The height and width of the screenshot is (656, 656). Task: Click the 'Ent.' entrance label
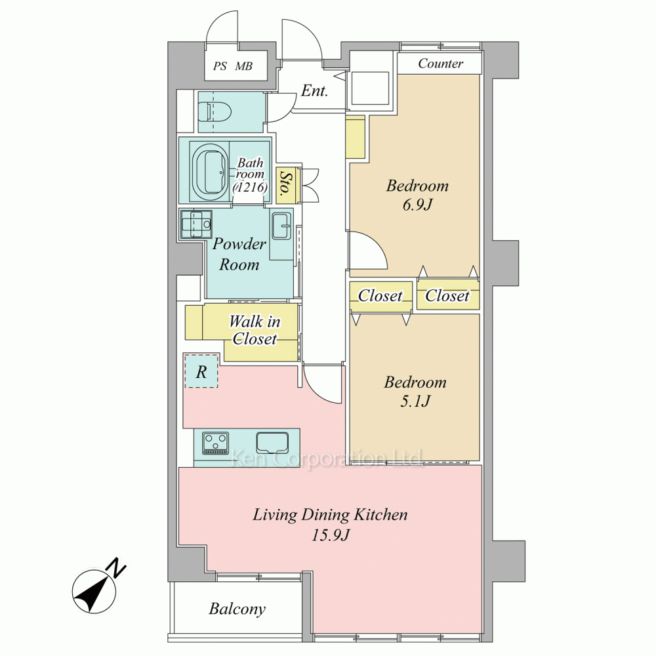click(314, 91)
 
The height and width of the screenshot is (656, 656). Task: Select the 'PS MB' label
click(233, 66)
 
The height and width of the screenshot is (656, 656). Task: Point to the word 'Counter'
click(441, 63)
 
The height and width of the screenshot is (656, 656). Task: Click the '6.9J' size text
click(417, 205)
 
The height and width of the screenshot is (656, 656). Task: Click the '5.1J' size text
click(415, 401)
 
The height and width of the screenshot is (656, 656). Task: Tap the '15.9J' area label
click(330, 535)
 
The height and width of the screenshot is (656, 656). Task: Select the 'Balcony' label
click(237, 609)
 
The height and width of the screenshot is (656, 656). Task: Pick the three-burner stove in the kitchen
click(215, 443)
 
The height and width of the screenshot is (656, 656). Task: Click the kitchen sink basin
click(272, 442)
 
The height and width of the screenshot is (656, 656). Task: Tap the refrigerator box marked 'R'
click(201, 371)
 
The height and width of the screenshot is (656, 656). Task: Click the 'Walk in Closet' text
click(255, 330)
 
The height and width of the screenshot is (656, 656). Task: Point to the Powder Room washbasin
click(282, 226)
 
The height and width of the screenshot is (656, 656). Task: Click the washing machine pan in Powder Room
click(195, 224)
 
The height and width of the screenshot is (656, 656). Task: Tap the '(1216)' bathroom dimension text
click(250, 187)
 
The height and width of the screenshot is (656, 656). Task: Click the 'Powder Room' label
click(239, 254)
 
